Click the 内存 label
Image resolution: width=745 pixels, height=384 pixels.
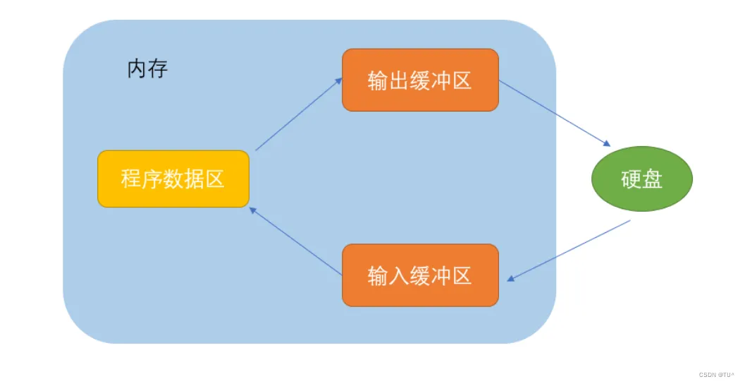coord(147,69)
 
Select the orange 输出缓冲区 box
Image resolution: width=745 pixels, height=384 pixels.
coord(420,80)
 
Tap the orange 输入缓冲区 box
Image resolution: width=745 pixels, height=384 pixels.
coord(420,275)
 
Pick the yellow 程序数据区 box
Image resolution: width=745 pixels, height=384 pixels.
coord(173,179)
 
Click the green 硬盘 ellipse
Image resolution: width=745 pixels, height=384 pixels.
coord(641,179)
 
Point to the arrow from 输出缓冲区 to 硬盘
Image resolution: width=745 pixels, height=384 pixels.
coord(554,113)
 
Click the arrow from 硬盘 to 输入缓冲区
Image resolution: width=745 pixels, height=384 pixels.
coord(568,251)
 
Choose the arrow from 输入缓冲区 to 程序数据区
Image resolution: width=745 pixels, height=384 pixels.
coord(296,241)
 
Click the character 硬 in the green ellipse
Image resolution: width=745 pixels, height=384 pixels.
coord(632,179)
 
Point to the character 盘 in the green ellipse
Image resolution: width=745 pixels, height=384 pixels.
coord(653,179)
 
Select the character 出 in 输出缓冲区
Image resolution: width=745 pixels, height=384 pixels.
coord(399,80)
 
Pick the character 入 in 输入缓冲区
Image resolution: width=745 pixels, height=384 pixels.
coord(399,276)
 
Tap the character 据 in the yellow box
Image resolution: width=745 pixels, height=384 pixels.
coord(194,179)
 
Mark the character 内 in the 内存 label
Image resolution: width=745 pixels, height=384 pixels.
coord(137,69)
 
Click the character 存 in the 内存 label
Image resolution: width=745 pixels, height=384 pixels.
coord(158,69)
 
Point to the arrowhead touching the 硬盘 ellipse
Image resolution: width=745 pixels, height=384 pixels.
coord(605,143)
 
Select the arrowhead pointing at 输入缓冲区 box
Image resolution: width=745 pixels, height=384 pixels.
coord(511,279)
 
